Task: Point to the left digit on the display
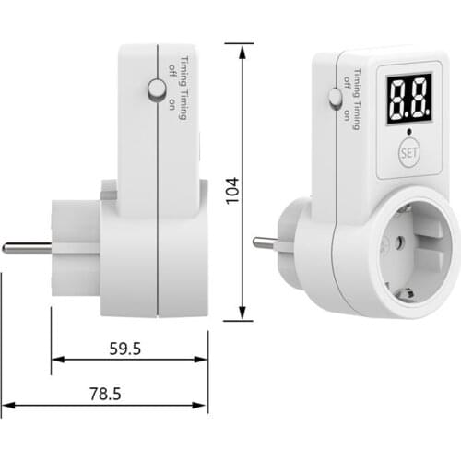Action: click(397, 98)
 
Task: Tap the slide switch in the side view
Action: click(157, 89)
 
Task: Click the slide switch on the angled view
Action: click(334, 97)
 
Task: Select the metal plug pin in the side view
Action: click(26, 247)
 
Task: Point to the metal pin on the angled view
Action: click(264, 243)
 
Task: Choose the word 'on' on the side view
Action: click(171, 104)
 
